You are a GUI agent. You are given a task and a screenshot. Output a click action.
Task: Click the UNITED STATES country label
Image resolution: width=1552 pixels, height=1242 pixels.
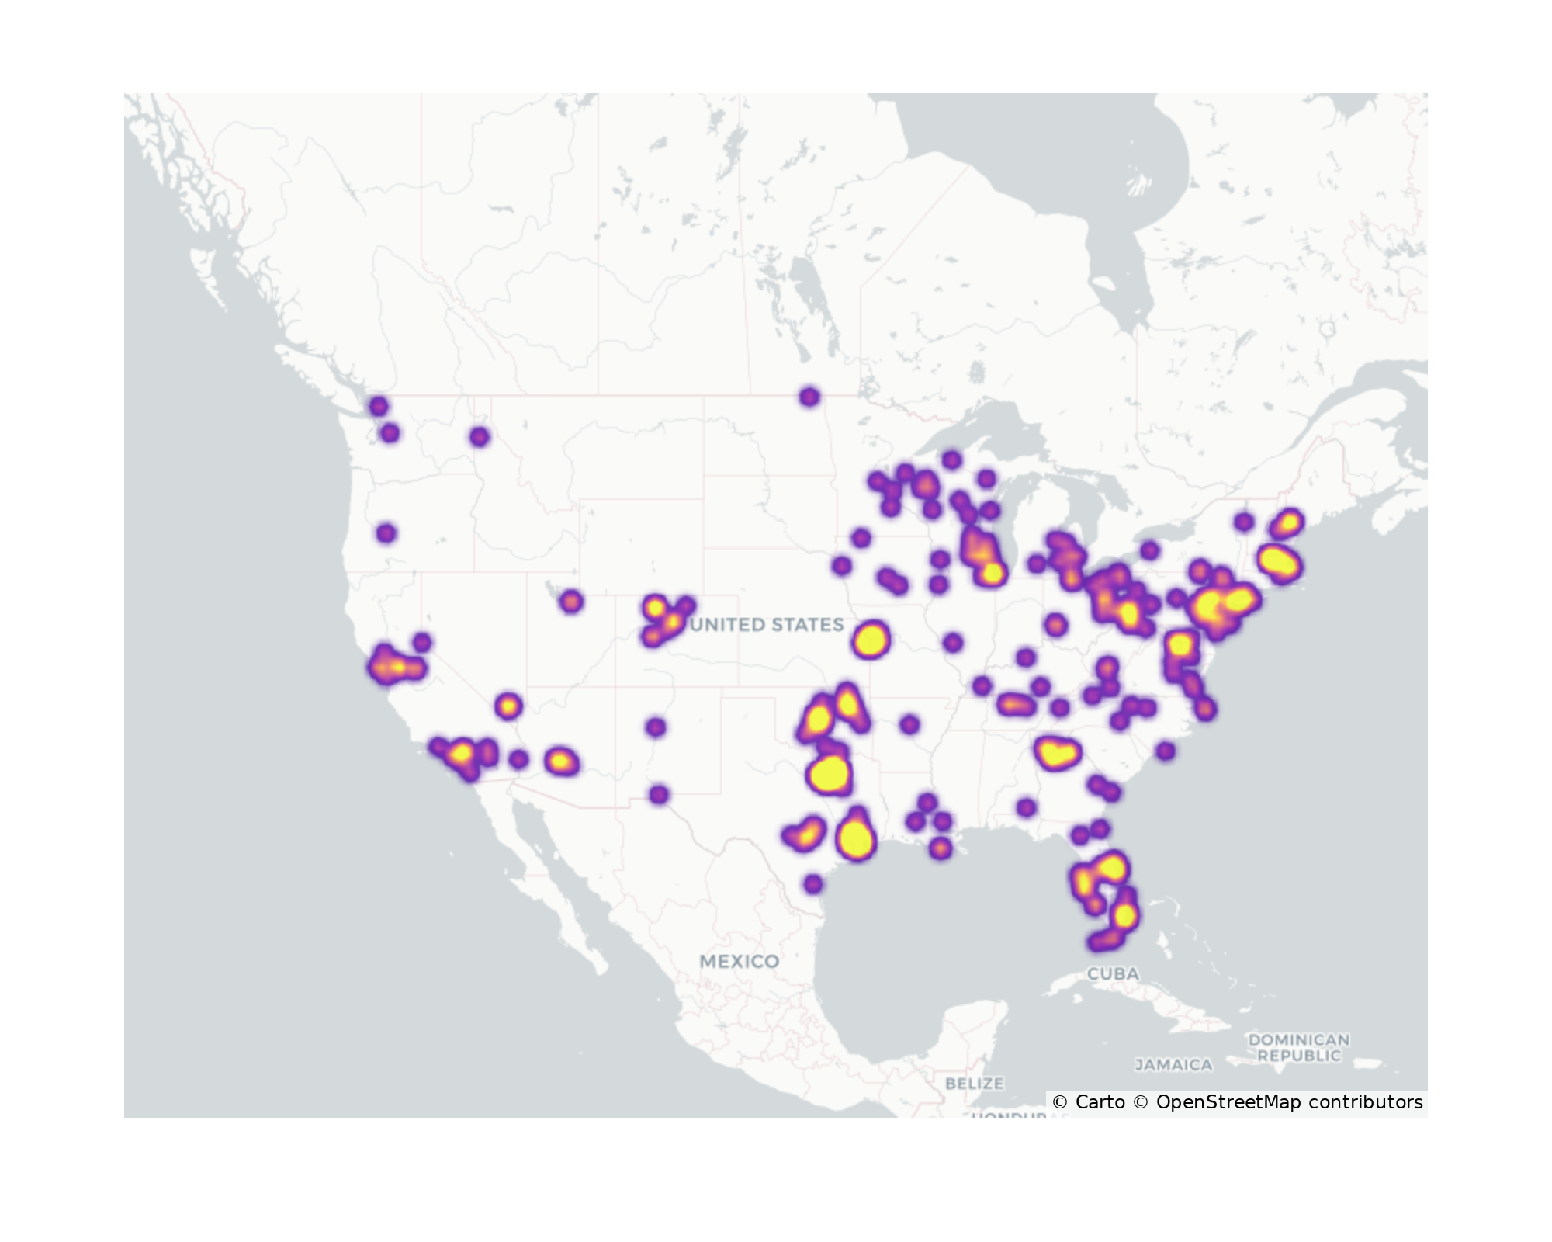click(766, 625)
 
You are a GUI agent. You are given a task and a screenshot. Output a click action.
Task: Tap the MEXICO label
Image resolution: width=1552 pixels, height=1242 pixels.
click(739, 961)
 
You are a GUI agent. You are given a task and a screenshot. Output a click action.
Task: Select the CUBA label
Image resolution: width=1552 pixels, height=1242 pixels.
click(1113, 973)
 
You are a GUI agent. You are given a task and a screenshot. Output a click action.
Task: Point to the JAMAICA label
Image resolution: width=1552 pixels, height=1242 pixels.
click(1173, 1065)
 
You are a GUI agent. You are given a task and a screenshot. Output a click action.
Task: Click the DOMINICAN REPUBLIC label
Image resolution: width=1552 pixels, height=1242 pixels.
click(1299, 1047)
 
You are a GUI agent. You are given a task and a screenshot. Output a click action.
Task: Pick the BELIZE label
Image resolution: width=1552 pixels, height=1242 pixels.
click(974, 1083)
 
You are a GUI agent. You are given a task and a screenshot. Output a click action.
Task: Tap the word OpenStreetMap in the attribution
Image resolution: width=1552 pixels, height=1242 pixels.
click(1228, 1102)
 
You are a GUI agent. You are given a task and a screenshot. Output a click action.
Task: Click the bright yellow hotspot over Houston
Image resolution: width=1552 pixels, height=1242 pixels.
click(856, 839)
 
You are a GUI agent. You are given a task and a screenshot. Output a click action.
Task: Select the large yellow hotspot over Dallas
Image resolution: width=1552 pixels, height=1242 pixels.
click(830, 774)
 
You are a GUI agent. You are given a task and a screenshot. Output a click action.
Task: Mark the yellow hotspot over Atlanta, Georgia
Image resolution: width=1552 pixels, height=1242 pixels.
click(1056, 752)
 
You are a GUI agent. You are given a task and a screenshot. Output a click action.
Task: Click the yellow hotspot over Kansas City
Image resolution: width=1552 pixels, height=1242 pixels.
click(870, 640)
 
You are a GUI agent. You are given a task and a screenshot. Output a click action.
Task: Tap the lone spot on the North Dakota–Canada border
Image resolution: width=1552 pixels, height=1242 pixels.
click(809, 397)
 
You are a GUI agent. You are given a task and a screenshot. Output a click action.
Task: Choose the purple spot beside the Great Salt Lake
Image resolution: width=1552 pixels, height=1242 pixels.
click(571, 601)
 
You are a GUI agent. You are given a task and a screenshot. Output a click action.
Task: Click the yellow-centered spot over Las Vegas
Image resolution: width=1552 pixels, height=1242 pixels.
click(508, 706)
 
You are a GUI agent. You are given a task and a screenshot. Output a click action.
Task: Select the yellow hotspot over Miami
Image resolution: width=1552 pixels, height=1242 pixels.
click(1124, 915)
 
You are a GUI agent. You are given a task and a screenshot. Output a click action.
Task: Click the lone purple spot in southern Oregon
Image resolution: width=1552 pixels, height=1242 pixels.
click(386, 533)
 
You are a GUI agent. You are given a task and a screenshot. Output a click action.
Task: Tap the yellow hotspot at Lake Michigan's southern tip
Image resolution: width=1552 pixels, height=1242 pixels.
click(992, 574)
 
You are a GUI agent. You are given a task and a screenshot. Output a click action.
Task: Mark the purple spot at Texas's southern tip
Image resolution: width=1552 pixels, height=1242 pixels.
click(812, 883)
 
